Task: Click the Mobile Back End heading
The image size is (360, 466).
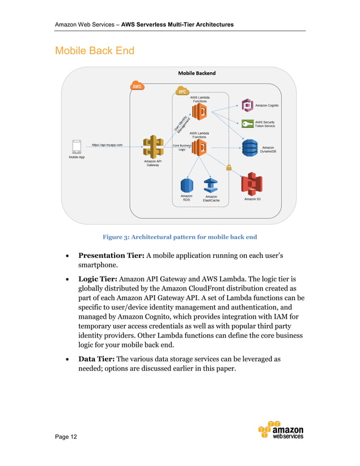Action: [x=94, y=51]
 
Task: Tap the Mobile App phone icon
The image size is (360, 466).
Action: [x=77, y=146]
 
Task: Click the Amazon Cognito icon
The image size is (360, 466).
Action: [x=247, y=105]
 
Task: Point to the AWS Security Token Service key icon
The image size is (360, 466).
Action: [x=247, y=124]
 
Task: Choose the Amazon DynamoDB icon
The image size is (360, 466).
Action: [x=249, y=148]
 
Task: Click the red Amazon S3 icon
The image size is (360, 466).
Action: [x=252, y=184]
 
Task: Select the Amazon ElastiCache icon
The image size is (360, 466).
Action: [x=211, y=185]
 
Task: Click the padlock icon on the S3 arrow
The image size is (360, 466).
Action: [x=229, y=167]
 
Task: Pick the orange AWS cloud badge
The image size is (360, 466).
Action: [x=137, y=86]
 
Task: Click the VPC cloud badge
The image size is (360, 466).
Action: [x=182, y=91]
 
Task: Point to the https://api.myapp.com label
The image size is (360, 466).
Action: [x=107, y=145]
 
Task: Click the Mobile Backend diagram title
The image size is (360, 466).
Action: [x=196, y=73]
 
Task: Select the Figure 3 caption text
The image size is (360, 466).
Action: [x=179, y=237]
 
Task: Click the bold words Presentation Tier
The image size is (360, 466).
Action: [x=111, y=256]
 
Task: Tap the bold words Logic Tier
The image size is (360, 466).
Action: [x=98, y=279]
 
